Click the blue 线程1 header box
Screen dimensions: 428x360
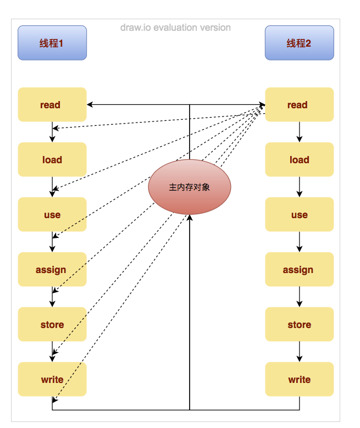point(52,43)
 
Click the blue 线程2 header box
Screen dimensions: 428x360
point(299,43)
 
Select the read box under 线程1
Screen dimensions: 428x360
point(52,104)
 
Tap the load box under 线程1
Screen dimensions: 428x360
point(52,159)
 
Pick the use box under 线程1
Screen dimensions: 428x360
point(52,214)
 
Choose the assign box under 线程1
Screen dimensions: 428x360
point(52,269)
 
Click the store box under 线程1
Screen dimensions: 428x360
point(52,324)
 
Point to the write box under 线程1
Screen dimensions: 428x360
point(52,379)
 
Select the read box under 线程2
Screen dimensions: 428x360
point(299,104)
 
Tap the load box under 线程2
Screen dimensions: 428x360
point(299,159)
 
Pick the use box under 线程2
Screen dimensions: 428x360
point(299,214)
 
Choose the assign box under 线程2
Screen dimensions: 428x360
point(299,269)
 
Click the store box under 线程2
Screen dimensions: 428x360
point(299,324)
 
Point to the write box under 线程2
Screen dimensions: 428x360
point(299,379)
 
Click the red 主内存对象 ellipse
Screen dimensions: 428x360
point(190,187)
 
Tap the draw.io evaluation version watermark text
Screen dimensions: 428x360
point(175,27)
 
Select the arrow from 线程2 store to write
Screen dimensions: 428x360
point(300,352)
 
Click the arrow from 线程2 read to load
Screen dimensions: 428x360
point(300,132)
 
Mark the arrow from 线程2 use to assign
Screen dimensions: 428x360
point(300,242)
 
